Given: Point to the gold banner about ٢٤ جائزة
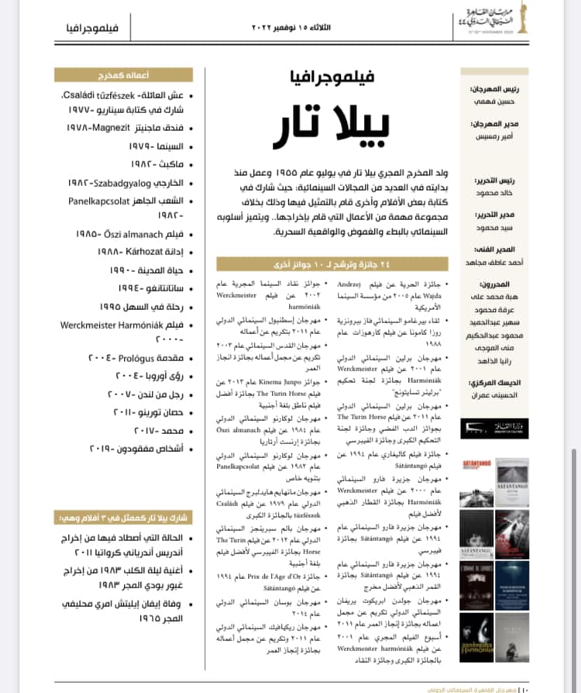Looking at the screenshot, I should coord(331,264).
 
